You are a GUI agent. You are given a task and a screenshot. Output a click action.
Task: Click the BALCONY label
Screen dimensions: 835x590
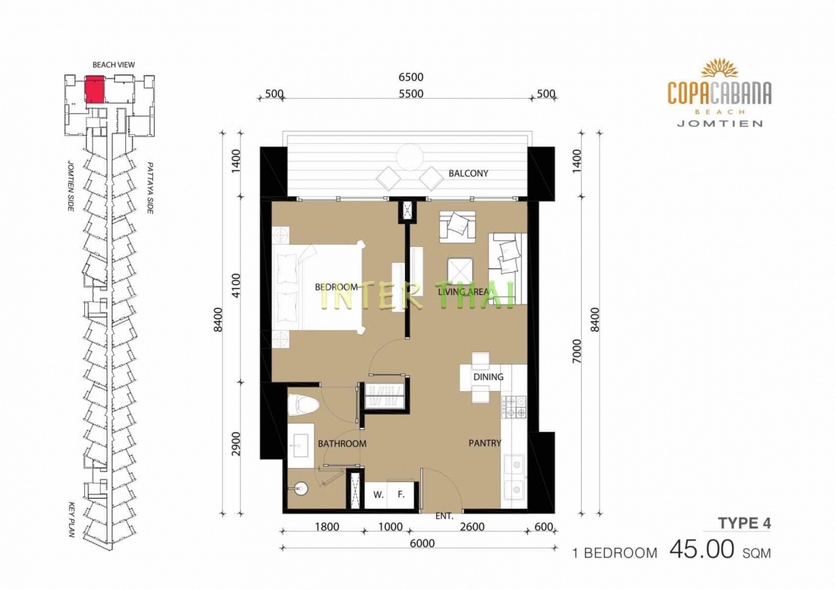pos(468,173)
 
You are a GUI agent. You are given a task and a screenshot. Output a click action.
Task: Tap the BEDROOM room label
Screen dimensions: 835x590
pos(336,287)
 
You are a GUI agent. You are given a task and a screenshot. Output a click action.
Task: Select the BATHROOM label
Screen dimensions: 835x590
pos(342,443)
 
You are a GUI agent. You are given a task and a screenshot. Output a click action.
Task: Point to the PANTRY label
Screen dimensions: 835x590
pos(484,442)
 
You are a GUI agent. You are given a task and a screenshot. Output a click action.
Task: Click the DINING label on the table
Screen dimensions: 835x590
pos(488,377)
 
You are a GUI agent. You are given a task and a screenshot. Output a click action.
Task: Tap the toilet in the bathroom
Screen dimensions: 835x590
pos(303,405)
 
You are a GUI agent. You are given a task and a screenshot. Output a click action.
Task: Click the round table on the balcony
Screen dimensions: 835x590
pos(410,157)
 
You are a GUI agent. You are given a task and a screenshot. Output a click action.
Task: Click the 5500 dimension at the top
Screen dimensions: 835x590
pos(411,93)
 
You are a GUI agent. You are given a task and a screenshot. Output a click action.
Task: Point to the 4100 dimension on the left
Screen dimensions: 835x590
pos(237,285)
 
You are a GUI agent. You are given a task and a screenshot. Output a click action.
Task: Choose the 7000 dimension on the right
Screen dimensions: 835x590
pos(576,351)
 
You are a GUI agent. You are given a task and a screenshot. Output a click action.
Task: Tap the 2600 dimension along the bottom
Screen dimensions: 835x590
pos(472,527)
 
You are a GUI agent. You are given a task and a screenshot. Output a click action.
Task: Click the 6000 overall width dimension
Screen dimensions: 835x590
pos(422,543)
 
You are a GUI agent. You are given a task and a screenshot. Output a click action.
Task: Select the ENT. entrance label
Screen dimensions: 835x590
pos(445,516)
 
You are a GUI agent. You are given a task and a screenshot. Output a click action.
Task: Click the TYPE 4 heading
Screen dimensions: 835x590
pos(744,523)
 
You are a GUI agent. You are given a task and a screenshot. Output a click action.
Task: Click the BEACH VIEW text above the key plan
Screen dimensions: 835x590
pos(113,65)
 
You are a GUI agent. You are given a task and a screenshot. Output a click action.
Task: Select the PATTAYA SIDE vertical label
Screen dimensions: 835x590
pos(150,188)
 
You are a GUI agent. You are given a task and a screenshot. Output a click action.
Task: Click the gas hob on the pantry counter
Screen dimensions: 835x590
pos(514,407)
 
